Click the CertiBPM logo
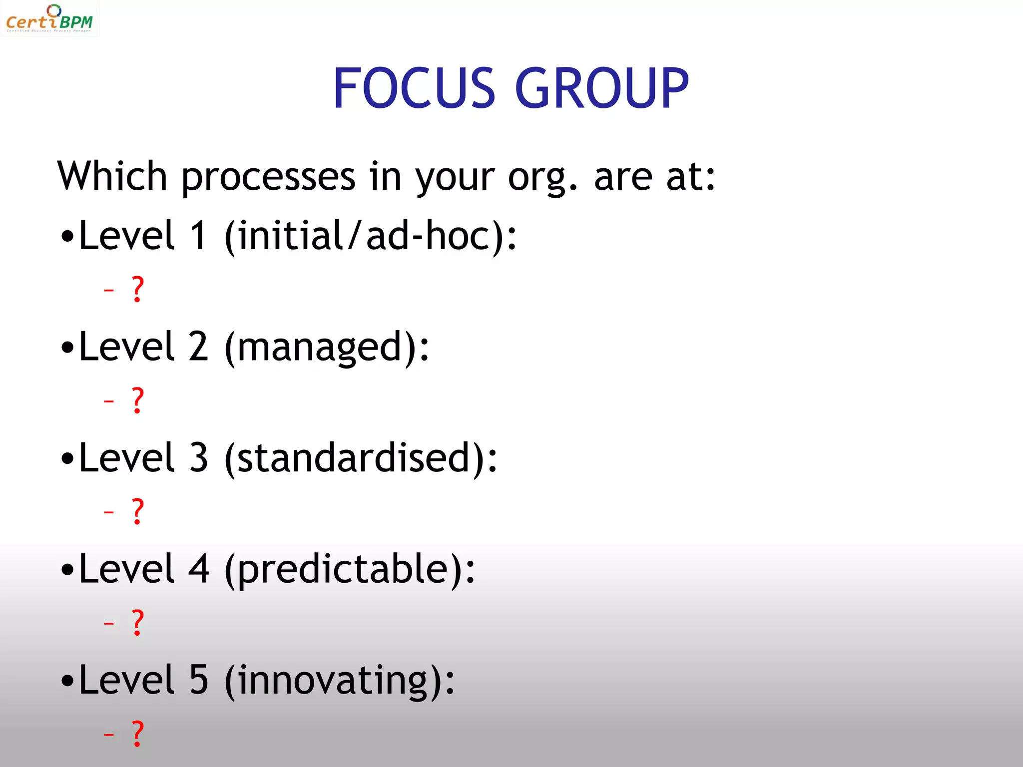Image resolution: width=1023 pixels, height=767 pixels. click(49, 19)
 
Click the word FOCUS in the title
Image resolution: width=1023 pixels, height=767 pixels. click(414, 88)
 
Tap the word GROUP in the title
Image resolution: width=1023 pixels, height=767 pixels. click(601, 88)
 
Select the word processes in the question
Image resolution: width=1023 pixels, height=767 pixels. click(268, 178)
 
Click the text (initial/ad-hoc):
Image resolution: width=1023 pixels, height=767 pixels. click(370, 236)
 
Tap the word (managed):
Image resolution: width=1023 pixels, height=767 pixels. click(327, 348)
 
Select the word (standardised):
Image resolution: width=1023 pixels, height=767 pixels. click(361, 458)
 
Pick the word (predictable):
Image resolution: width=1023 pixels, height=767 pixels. click(350, 570)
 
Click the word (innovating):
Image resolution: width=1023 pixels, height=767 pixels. click(340, 681)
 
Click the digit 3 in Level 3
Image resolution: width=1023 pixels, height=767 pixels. click(199, 458)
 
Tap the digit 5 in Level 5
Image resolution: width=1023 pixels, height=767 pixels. click(199, 680)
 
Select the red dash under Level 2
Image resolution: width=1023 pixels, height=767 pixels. click(109, 401)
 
